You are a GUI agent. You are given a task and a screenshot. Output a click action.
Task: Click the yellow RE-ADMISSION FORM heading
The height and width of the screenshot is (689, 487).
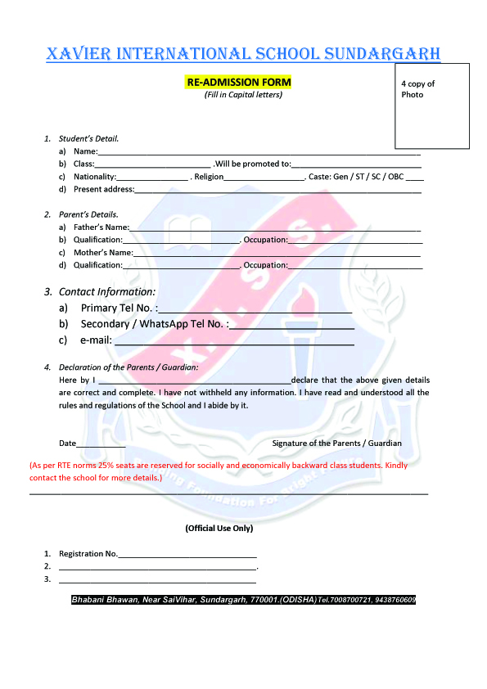(238, 83)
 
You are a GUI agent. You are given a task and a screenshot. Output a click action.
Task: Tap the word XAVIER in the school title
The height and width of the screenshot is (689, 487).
(79, 54)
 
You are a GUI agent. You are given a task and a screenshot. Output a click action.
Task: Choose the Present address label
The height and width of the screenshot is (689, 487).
(103, 190)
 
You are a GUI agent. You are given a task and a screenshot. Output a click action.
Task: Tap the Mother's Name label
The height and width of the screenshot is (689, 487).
(102, 253)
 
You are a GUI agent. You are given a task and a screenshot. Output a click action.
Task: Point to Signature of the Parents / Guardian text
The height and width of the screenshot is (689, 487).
(336, 443)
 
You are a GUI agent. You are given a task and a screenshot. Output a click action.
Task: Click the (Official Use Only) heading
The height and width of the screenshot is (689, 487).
(219, 529)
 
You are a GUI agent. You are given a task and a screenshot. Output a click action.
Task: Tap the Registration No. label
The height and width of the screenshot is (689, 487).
(88, 554)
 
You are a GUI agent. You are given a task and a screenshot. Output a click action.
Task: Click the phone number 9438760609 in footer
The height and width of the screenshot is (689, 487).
(395, 600)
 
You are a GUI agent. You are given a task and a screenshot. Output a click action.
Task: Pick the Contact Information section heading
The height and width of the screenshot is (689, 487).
(106, 291)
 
